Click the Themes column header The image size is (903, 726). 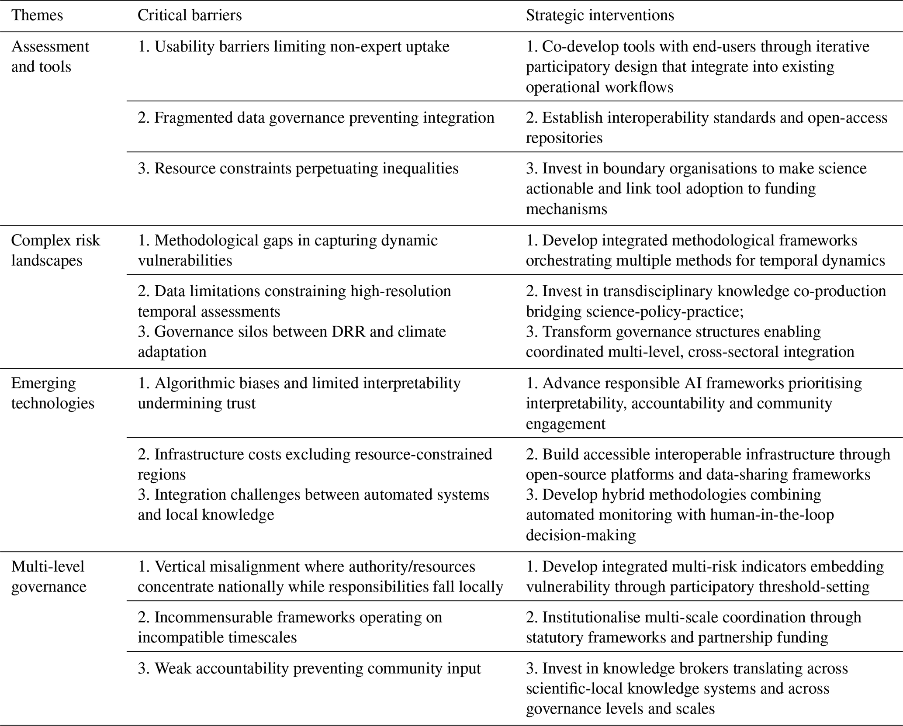point(37,16)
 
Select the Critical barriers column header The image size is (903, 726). point(190,16)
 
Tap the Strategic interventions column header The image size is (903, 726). point(600,16)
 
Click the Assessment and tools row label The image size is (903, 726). point(50,56)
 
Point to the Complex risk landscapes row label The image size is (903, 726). point(55,250)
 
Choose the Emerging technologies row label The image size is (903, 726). point(52,393)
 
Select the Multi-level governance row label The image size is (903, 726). point(48,576)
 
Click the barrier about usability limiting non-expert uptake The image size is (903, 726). point(294,47)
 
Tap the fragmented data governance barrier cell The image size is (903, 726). point(316,118)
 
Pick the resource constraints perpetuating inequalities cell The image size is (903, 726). point(298,169)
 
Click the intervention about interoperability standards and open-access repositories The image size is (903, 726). point(706,128)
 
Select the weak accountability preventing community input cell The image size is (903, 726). point(309,668)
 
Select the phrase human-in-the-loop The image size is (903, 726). point(772,515)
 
